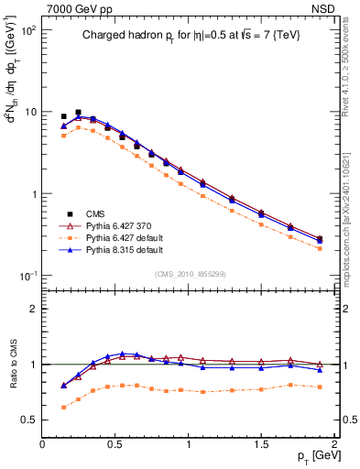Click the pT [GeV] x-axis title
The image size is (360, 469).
coord(311,456)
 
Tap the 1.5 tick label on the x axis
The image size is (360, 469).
coord(262,443)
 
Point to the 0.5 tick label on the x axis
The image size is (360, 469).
coord(115,443)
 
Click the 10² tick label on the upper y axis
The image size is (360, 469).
coord(27,30)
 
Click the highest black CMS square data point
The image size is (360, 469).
coord(78,113)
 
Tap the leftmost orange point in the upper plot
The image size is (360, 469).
coord(63,136)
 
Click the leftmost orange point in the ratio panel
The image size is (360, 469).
coord(63,407)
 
